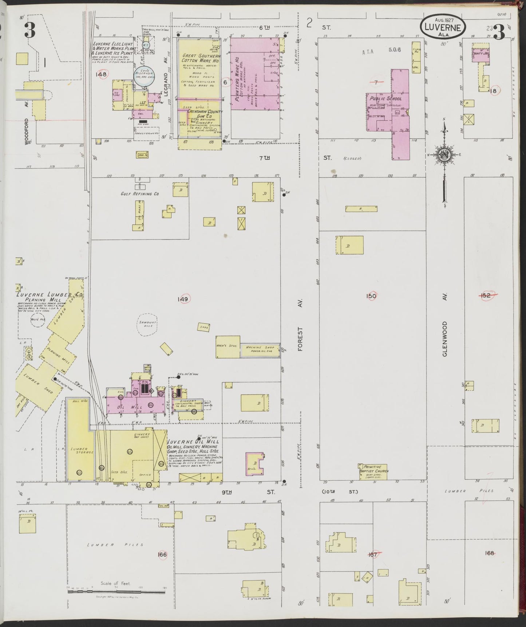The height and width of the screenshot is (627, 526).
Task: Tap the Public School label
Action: (x=385, y=98)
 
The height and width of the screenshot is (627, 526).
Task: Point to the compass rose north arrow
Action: (x=444, y=155)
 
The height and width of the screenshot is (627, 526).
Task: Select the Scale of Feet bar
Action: (x=116, y=592)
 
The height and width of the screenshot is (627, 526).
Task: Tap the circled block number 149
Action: (x=182, y=299)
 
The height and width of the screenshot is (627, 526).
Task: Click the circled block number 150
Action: (x=371, y=296)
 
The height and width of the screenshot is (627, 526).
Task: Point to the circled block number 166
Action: (x=162, y=554)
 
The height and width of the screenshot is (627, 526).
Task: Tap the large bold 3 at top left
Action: (x=30, y=31)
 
